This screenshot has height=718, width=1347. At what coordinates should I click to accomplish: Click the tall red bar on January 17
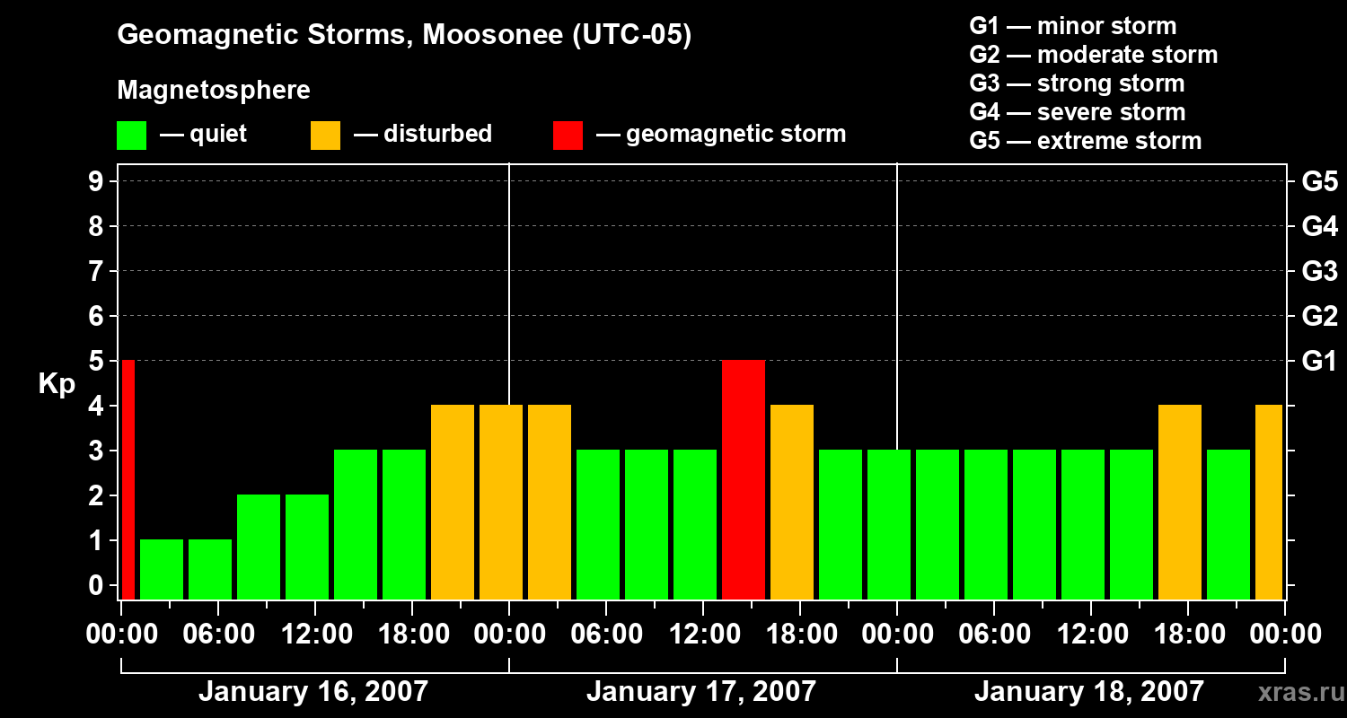click(743, 479)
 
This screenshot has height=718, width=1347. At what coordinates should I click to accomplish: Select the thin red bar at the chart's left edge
click(128, 479)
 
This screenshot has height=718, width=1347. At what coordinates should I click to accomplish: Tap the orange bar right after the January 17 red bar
click(791, 502)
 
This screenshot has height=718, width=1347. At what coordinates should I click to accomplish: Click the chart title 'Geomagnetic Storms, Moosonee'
click(404, 35)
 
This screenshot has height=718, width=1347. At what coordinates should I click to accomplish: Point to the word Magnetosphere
click(214, 91)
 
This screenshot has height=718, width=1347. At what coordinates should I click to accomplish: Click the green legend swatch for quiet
click(131, 135)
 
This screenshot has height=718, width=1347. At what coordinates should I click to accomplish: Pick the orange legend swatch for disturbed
click(325, 135)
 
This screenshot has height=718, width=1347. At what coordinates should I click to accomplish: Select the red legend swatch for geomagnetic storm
click(568, 135)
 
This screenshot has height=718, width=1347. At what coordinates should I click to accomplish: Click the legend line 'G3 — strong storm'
click(1077, 83)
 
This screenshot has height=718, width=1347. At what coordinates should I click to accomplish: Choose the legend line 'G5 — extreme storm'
click(1085, 141)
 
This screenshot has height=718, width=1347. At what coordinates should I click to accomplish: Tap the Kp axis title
click(57, 385)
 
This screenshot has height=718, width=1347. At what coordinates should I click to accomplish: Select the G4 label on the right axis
click(1319, 226)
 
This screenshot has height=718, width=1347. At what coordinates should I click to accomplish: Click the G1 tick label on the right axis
click(1319, 361)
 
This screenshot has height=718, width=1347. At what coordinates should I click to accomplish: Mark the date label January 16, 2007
click(313, 692)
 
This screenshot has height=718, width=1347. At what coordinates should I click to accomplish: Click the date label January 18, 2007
click(1088, 692)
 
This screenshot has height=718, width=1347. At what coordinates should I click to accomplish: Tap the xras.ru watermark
click(1299, 693)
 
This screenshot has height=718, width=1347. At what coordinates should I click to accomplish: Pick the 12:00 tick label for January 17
click(703, 635)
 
